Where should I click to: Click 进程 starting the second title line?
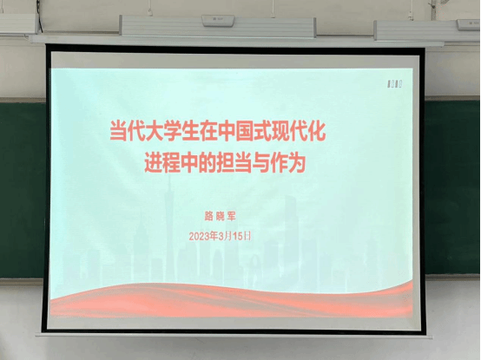(x=157, y=163)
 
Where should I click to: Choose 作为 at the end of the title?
(x=291, y=163)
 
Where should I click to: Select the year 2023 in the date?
(x=202, y=235)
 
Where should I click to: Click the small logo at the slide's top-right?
(x=392, y=84)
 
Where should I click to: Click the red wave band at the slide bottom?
(x=230, y=299)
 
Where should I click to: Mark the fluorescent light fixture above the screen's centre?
(x=217, y=23)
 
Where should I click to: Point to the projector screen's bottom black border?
(x=234, y=323)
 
